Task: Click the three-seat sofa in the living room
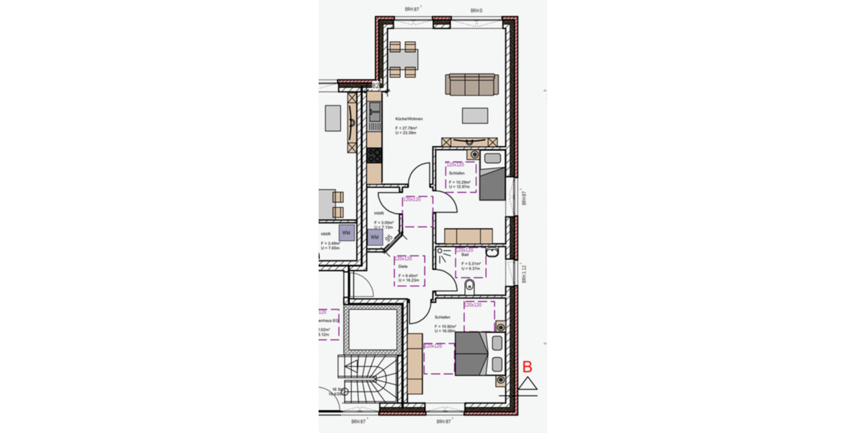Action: [x=471, y=84]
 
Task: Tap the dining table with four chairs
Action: [x=403, y=60]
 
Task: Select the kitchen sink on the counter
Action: [x=374, y=112]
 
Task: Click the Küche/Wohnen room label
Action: [x=409, y=118]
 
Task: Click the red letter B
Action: [x=527, y=367]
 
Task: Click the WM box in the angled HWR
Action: [x=375, y=237]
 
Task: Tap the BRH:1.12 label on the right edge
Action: [x=525, y=273]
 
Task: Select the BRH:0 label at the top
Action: [x=476, y=11]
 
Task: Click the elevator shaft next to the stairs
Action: [x=372, y=329]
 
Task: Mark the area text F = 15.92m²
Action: [x=445, y=326]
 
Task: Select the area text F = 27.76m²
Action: [x=407, y=128]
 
